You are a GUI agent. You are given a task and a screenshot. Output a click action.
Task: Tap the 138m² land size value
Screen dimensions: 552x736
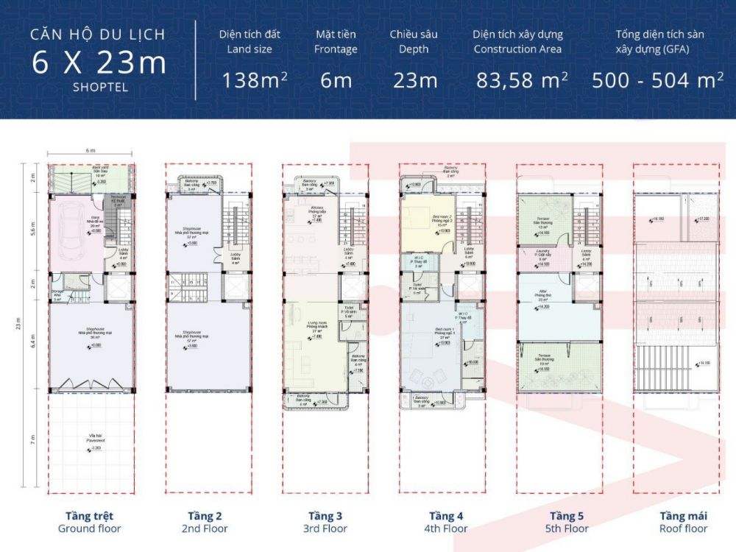pyautogui.click(x=255, y=80)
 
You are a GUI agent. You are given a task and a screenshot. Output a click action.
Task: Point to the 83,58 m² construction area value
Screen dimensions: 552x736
pyautogui.click(x=521, y=80)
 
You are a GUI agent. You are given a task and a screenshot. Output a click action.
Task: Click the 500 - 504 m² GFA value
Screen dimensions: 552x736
pyautogui.click(x=657, y=80)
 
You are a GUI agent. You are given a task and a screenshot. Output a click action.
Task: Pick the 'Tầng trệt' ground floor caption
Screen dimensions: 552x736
pyautogui.click(x=89, y=516)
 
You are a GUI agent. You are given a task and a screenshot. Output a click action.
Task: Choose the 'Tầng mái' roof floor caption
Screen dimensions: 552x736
pyautogui.click(x=683, y=516)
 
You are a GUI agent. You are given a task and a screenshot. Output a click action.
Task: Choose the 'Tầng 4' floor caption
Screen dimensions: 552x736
pyautogui.click(x=446, y=516)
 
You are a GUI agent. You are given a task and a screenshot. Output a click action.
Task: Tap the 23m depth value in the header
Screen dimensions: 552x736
pyautogui.click(x=417, y=80)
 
